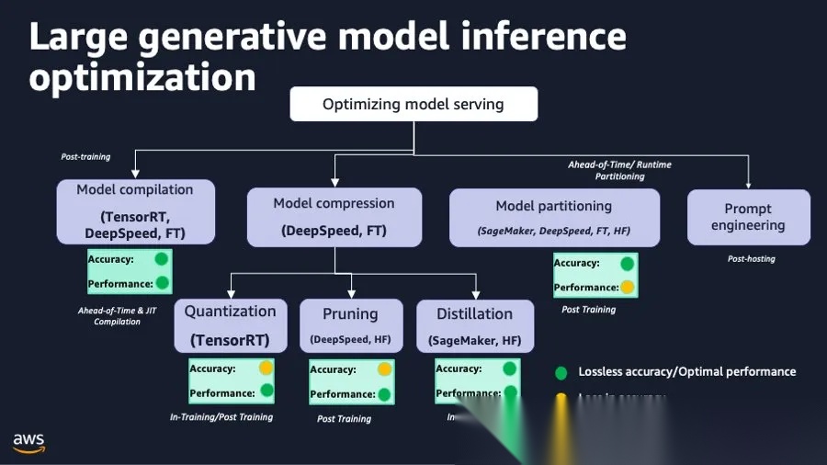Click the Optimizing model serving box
point(413,104)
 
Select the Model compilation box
point(135,211)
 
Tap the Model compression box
point(334,217)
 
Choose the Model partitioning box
point(553,217)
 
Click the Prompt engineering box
point(748,217)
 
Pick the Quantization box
point(230,325)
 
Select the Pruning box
point(350,326)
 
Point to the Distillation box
point(474,326)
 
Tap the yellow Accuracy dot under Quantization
point(266,369)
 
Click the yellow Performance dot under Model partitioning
point(628,288)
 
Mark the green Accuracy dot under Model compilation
point(161,259)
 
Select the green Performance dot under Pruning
point(385,394)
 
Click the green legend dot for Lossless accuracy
point(561,372)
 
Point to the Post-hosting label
point(751,259)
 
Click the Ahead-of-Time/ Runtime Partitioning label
point(619,170)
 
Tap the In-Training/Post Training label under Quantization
point(221,417)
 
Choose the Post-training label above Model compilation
point(85,157)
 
